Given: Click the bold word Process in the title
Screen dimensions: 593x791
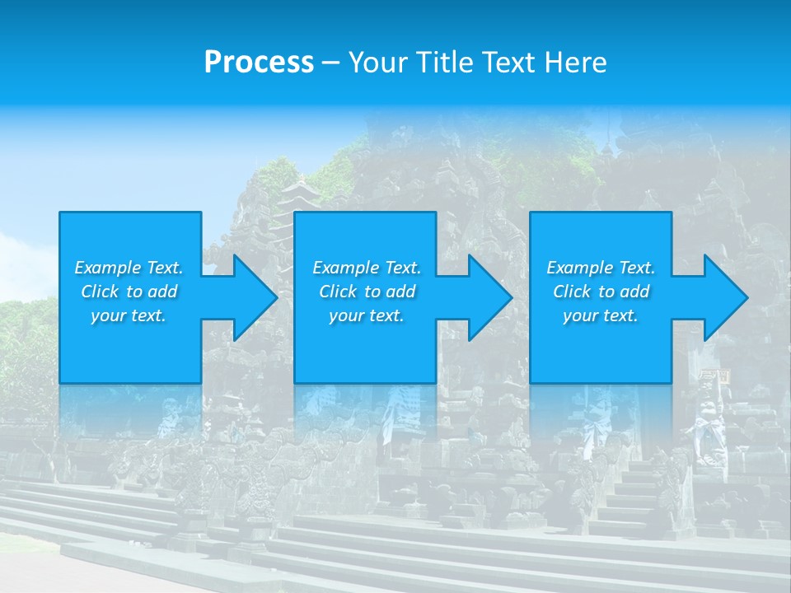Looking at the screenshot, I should tap(259, 63).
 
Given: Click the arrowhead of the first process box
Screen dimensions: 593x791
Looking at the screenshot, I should tap(251, 297).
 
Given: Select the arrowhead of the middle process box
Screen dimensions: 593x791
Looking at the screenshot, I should tap(487, 297).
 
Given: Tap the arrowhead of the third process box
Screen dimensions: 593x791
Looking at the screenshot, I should tap(723, 297).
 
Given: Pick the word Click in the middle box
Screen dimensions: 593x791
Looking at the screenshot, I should tap(338, 292).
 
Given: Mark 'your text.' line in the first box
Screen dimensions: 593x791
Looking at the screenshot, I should tap(129, 315).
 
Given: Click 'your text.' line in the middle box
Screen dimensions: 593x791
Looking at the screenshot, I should tap(366, 315).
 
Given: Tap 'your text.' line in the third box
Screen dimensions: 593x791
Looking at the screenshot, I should tap(601, 315).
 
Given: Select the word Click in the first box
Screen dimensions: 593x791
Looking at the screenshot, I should tap(100, 292).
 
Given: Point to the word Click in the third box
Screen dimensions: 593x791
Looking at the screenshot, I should tap(572, 292).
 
